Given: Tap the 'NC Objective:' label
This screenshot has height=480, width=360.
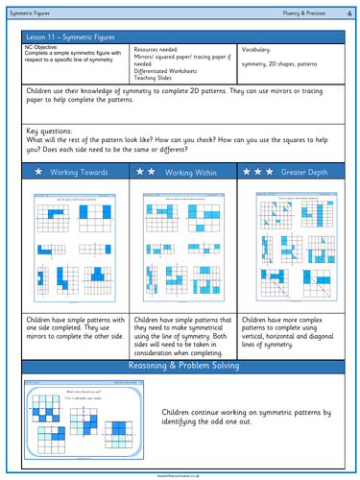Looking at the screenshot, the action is click(43, 46).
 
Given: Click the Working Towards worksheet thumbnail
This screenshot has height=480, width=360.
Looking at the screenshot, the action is click(72, 245).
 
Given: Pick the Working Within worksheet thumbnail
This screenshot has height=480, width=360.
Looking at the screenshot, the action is click(180, 245).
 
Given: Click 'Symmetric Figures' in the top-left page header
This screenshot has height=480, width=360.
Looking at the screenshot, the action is click(31, 10).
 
